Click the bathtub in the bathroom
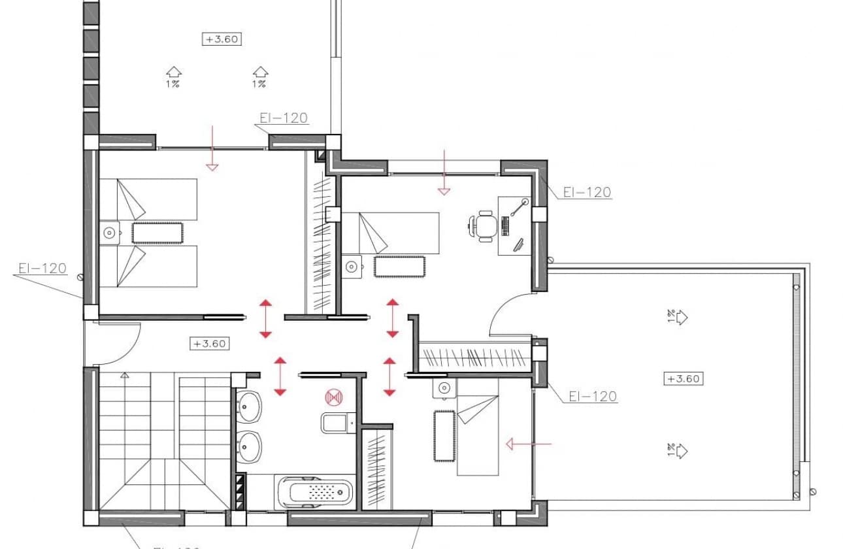pos(316,492)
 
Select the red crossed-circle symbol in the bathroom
pos(334,397)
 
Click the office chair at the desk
pos(484,226)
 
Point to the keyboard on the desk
pos(506,226)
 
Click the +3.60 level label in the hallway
pos(209,343)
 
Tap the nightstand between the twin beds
pos(109,232)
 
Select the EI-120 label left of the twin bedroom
pos(42,268)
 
